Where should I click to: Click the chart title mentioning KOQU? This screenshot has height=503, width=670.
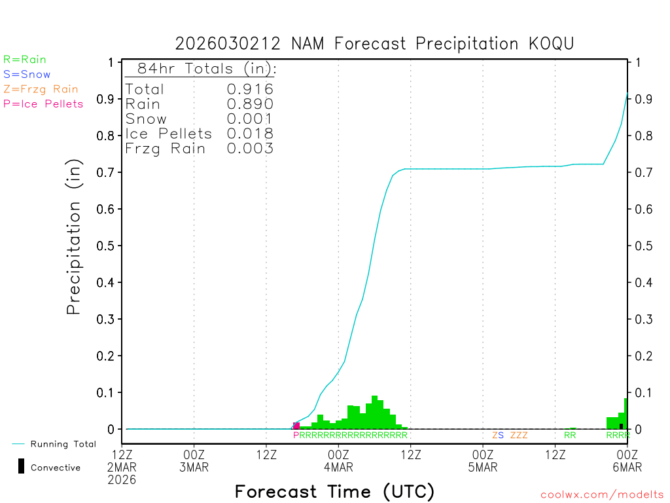374,44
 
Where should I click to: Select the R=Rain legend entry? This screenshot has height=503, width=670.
25,60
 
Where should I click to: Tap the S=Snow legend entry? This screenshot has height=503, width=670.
27,75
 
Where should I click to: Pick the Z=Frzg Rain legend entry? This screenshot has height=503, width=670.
41,89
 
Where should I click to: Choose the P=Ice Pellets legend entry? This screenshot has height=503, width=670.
43,103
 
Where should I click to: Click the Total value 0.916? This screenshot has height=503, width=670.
250,89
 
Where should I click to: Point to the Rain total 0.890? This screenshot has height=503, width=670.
250,104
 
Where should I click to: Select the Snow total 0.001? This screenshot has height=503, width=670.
250,119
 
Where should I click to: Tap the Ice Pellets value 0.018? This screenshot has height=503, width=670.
250,134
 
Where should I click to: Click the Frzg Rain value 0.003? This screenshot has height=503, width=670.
250,149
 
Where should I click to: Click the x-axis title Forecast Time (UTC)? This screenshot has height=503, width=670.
334,491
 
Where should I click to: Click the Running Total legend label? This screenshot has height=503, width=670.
63,444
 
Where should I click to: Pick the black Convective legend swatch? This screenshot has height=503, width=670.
22,466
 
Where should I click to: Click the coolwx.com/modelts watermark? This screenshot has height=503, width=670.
602,495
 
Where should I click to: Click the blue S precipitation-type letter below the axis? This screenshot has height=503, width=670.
501,435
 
